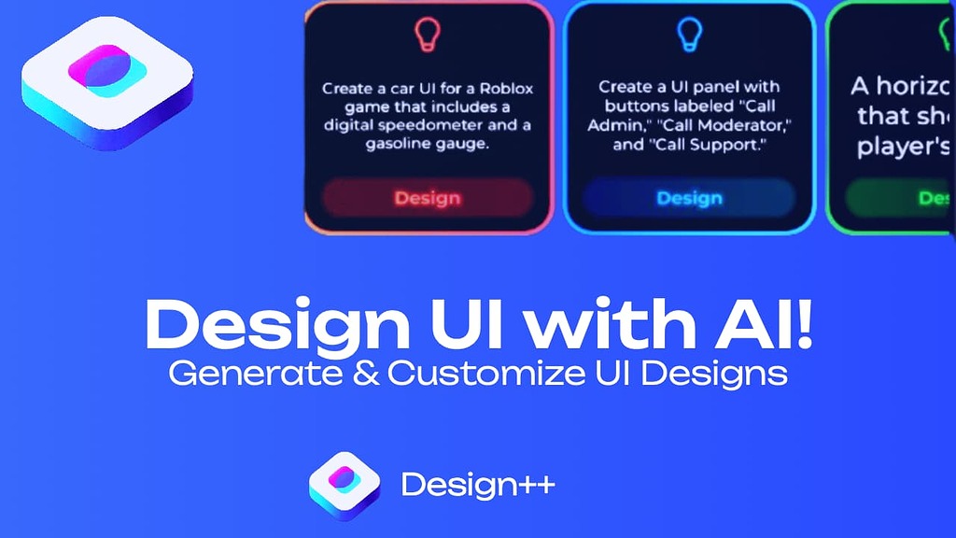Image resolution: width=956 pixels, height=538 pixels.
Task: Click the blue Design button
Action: click(x=689, y=198)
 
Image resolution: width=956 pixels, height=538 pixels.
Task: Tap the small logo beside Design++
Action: click(x=344, y=484)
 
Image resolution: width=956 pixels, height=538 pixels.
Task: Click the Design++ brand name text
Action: click(x=477, y=485)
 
